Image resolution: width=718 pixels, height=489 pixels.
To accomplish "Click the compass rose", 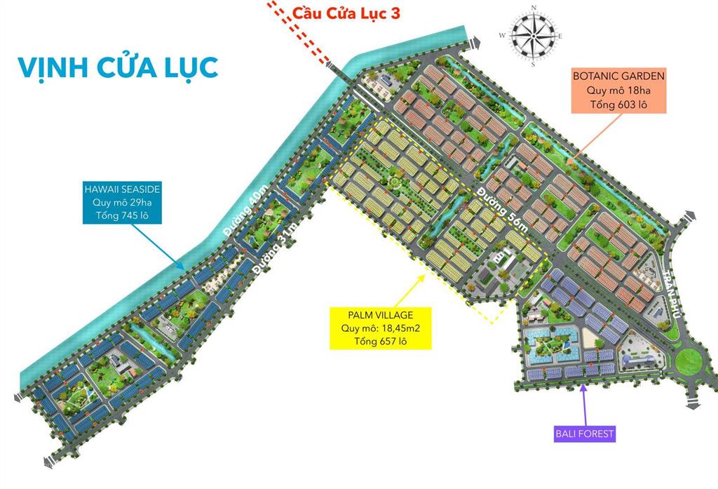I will (534, 35).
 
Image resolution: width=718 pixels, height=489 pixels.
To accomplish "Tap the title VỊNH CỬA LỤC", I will (118, 67).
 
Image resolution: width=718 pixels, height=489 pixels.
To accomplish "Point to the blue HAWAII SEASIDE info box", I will (122, 203).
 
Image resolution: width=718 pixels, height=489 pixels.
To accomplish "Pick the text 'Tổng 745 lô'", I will (122, 217).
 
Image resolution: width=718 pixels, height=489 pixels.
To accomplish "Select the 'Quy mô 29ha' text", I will (122, 203).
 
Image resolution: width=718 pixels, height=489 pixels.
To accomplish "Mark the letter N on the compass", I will (534, 8).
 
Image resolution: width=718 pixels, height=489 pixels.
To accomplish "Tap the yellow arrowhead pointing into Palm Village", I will (422, 275).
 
